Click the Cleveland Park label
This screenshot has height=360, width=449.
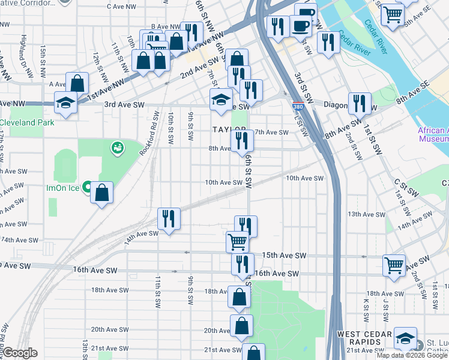(27, 123)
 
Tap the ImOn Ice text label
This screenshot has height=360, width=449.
(64, 188)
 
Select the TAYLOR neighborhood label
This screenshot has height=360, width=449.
(229, 130)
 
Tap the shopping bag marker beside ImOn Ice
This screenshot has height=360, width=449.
(102, 193)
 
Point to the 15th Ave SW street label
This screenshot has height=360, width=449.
(285, 256)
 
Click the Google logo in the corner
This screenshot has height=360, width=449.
(20, 353)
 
